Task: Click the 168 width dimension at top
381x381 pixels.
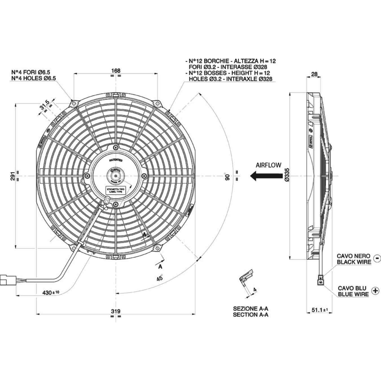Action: point(116,71)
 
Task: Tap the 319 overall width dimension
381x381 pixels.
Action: point(115,311)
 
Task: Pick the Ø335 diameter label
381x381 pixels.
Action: point(287,175)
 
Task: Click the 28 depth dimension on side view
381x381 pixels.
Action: point(314,74)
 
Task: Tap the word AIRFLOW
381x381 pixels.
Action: point(268,165)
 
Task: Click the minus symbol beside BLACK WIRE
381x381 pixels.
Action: point(377,258)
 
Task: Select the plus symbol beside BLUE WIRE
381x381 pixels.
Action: point(375,291)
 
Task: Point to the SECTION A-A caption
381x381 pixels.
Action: point(251,315)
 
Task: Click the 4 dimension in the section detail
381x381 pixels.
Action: point(255,290)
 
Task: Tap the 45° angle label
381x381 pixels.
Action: point(159,278)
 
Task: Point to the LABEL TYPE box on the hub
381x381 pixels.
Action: point(116,190)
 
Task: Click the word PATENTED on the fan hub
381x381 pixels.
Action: point(116,160)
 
